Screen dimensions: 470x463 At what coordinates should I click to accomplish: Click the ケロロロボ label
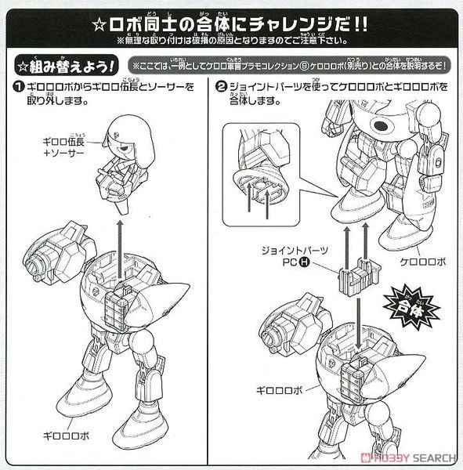[x=421, y=262]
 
